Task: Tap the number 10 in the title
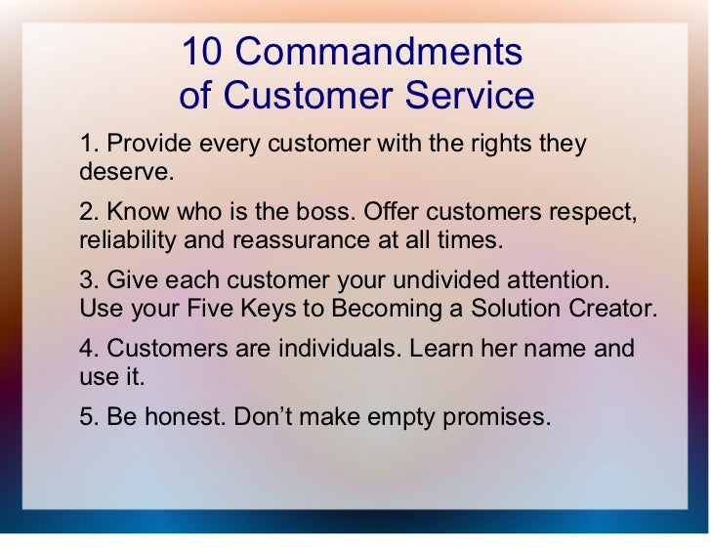point(203,51)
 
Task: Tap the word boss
point(314,211)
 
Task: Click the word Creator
point(617,309)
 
